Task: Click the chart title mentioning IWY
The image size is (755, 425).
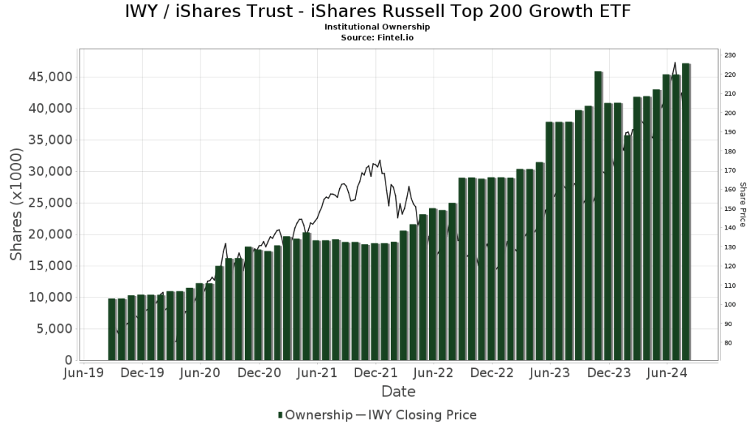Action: pos(377,12)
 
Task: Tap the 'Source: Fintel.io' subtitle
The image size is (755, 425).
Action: pos(377,36)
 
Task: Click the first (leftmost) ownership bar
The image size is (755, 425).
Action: pos(112,329)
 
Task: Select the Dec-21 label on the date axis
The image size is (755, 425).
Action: pos(376,373)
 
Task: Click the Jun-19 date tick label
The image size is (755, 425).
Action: pos(85,373)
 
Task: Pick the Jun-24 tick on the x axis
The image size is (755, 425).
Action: pos(667,373)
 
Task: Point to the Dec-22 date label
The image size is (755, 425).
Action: pos(492,373)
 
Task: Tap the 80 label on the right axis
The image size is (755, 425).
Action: pos(727,343)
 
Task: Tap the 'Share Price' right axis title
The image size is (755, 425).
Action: pos(743,204)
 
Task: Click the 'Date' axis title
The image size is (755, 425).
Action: pos(398,392)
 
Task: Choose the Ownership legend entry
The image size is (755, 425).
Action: pos(316,415)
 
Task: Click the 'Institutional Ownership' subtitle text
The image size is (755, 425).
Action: pos(377,27)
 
